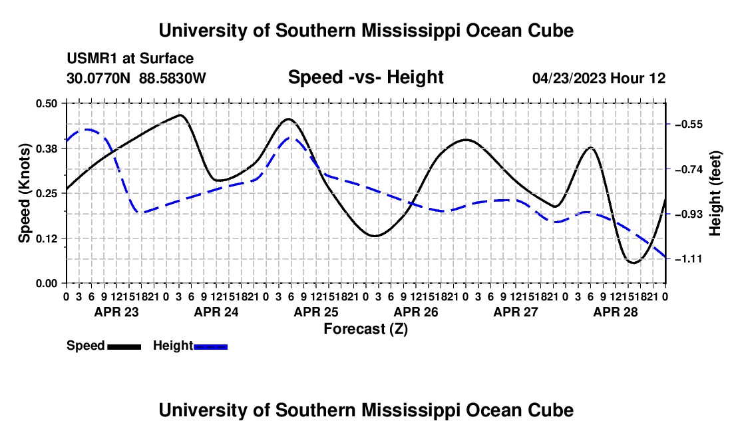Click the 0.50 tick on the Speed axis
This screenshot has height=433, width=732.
(x=46, y=103)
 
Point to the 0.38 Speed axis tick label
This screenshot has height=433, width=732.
(x=46, y=149)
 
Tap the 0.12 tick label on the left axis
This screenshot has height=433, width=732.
(x=46, y=238)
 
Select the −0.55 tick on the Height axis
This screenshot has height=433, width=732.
(x=689, y=125)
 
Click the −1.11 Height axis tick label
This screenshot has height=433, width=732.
(x=689, y=258)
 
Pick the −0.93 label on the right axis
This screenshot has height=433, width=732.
(x=689, y=214)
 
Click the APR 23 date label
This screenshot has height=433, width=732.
(x=116, y=312)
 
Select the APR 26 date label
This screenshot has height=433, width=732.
(x=416, y=312)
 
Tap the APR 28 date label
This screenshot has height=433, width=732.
(x=616, y=312)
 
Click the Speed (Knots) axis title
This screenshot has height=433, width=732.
(x=24, y=193)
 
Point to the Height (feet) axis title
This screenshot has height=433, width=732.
(x=715, y=193)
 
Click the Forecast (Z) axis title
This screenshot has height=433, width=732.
(x=365, y=329)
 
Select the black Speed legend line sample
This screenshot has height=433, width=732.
(x=124, y=346)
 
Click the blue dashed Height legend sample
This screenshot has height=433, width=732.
(x=210, y=346)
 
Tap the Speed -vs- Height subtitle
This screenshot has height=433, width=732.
(x=365, y=77)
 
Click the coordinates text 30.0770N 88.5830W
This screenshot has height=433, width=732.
(x=136, y=78)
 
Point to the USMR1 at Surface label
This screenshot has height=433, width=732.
(x=130, y=59)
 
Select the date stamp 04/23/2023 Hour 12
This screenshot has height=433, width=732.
(x=599, y=78)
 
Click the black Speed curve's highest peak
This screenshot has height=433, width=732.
(x=180, y=115)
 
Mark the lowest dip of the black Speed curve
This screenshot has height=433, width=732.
(x=634, y=262)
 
